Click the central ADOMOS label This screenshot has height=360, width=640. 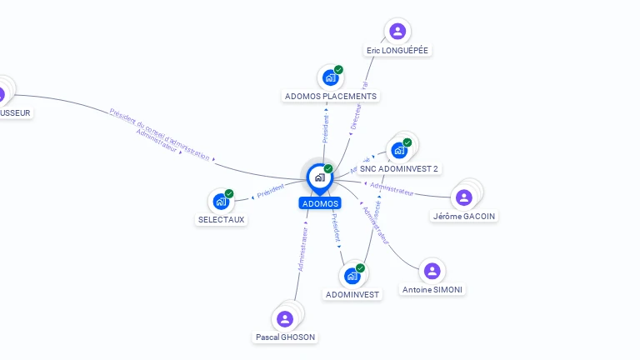(320, 203)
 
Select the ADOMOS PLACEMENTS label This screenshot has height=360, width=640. (331, 96)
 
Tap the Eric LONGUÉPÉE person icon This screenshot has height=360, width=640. (397, 32)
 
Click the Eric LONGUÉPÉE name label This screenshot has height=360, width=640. (397, 50)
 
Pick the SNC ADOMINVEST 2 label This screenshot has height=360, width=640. (399, 168)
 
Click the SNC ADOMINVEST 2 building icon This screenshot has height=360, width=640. (398, 150)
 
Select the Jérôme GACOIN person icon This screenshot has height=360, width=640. (464, 197)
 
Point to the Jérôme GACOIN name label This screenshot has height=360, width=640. (464, 216)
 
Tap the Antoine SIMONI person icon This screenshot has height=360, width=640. (432, 271)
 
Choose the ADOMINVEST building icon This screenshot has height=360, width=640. (352, 276)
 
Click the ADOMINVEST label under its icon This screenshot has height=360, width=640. (352, 294)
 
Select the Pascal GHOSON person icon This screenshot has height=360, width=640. (285, 318)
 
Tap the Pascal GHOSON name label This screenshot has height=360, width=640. (286, 337)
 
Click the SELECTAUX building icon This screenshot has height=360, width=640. (221, 201)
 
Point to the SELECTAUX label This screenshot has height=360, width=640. (222, 220)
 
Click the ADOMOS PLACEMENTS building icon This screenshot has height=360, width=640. (331, 77)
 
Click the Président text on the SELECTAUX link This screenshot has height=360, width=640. (271, 191)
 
